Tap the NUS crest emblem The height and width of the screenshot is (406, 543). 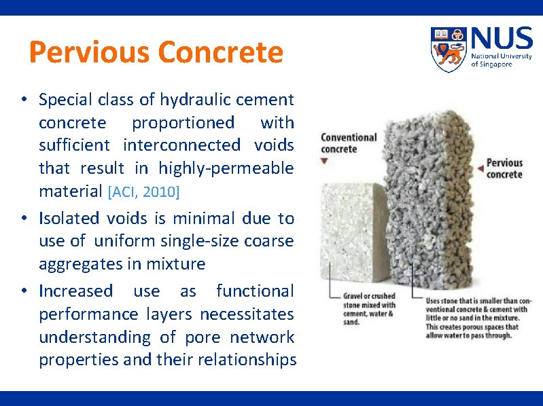[x=449, y=49]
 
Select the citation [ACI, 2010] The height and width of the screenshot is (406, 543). [x=143, y=192]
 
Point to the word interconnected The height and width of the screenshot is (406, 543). [x=181, y=145]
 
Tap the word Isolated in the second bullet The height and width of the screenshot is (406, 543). [x=71, y=218]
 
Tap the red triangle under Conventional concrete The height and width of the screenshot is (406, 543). [x=325, y=162]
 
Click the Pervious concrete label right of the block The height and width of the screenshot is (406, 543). [x=504, y=168]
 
